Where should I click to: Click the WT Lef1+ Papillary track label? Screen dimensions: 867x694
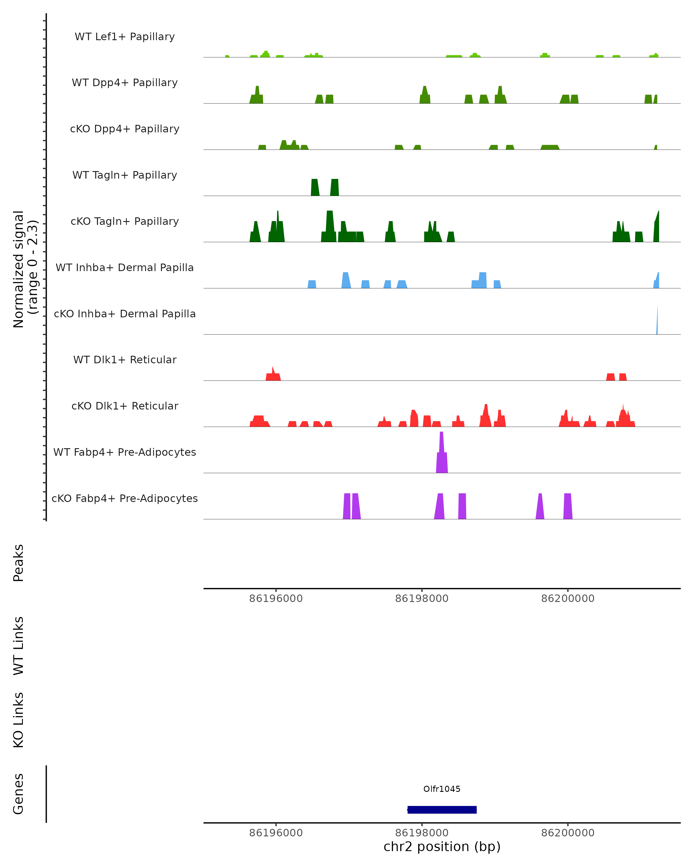[125, 37]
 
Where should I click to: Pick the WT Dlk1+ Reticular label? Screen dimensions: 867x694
[125, 360]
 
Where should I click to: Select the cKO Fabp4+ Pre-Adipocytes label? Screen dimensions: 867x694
[125, 498]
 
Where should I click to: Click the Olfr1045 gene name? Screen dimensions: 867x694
[442, 789]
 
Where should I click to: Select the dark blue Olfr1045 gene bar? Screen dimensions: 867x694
[442, 809]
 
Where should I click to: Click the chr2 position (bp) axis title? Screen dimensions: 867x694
[442, 846]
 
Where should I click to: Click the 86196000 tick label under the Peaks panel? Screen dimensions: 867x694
[276, 599]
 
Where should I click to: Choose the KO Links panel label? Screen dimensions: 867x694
[19, 720]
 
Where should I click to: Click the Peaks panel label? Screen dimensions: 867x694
[19, 563]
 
